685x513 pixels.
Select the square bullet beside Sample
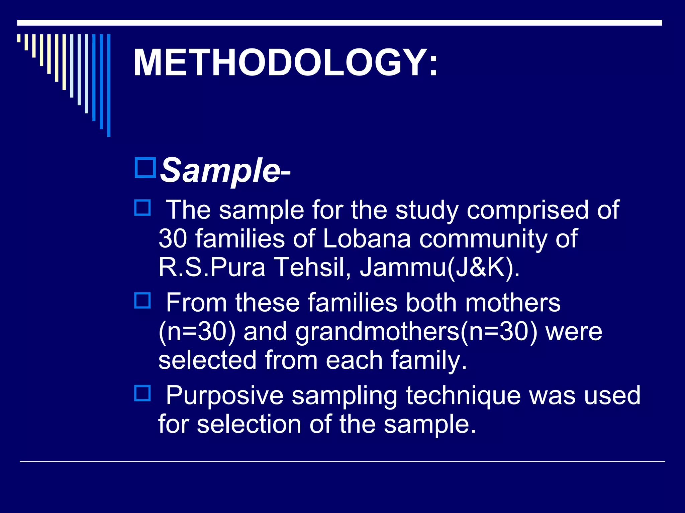[145, 168]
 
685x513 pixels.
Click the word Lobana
[367, 238]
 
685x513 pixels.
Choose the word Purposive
[225, 395]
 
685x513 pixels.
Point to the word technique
[463, 395]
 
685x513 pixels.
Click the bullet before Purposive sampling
[142, 393]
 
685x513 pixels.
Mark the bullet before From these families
[142, 300]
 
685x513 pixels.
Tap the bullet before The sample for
[142, 207]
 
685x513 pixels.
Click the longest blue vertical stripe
[109, 85]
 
